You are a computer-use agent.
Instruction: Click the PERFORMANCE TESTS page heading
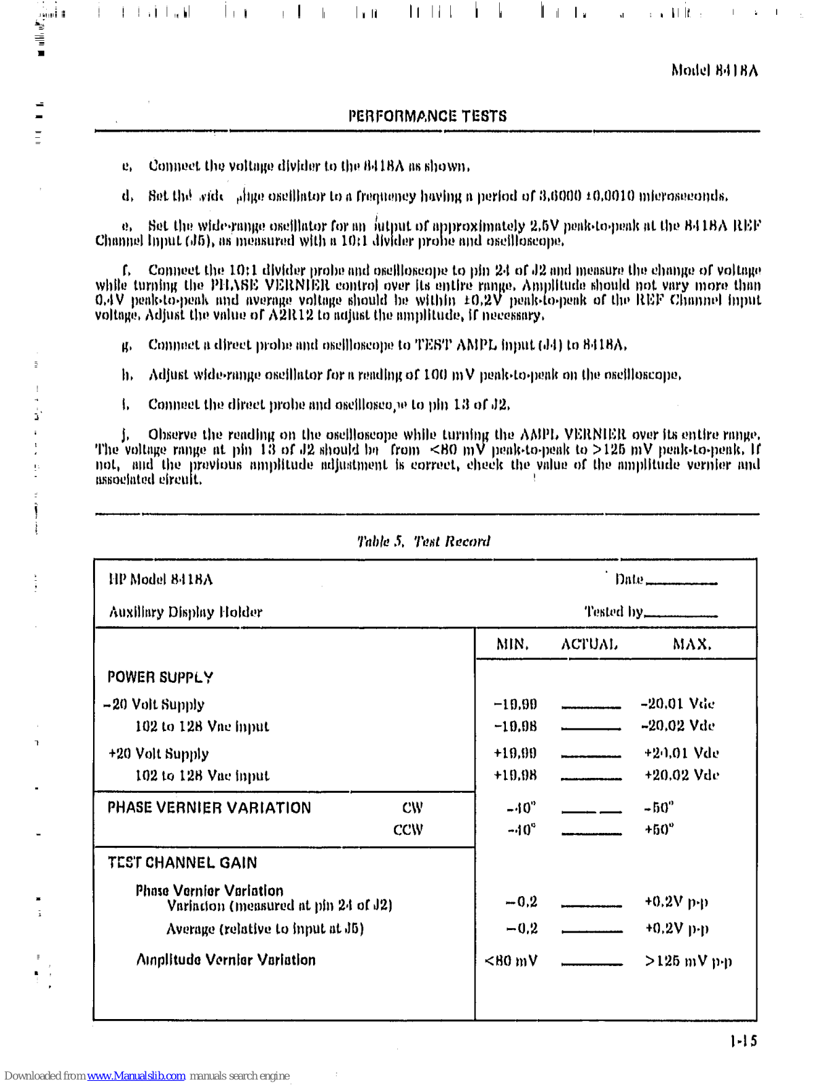tap(427, 116)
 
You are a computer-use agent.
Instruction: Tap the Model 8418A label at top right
tap(714, 70)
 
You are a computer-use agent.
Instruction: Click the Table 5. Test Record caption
tap(424, 541)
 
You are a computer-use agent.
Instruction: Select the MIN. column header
tap(512, 644)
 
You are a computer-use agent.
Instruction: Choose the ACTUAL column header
tap(589, 644)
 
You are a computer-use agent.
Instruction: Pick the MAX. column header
tap(692, 644)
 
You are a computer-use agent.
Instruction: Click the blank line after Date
tap(682, 582)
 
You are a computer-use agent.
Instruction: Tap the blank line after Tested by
tap(680, 615)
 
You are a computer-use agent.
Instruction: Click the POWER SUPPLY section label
tap(160, 677)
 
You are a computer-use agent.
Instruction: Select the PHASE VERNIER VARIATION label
tap(209, 808)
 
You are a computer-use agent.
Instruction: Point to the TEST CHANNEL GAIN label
tap(183, 863)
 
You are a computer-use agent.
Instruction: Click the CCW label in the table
tap(408, 830)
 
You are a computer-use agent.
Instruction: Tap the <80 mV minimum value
tap(511, 961)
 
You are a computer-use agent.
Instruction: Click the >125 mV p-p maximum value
tap(689, 961)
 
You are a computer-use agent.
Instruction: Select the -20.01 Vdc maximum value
tap(678, 704)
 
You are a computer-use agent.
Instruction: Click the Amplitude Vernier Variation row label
tap(226, 960)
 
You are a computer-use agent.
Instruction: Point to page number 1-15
tap(744, 1041)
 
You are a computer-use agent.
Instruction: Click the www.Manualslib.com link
tap(136, 1076)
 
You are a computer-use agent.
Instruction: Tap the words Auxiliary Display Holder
tap(185, 612)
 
